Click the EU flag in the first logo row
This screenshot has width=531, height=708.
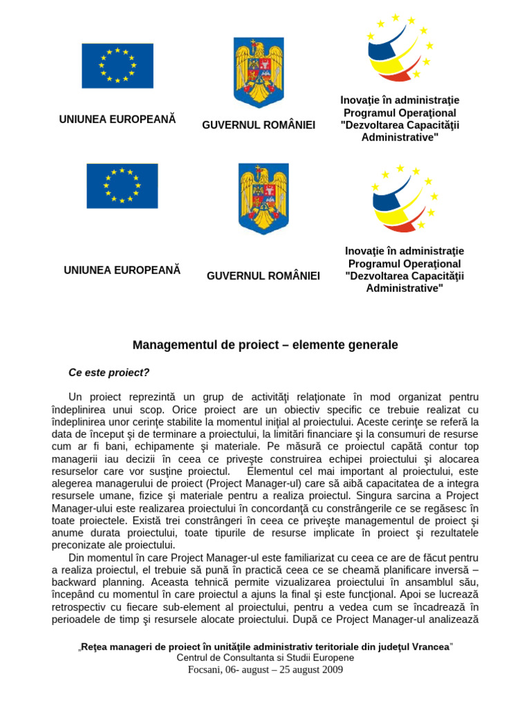(x=118, y=66)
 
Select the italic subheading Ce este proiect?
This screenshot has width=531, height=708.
(x=109, y=373)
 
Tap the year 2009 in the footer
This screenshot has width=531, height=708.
(x=330, y=669)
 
